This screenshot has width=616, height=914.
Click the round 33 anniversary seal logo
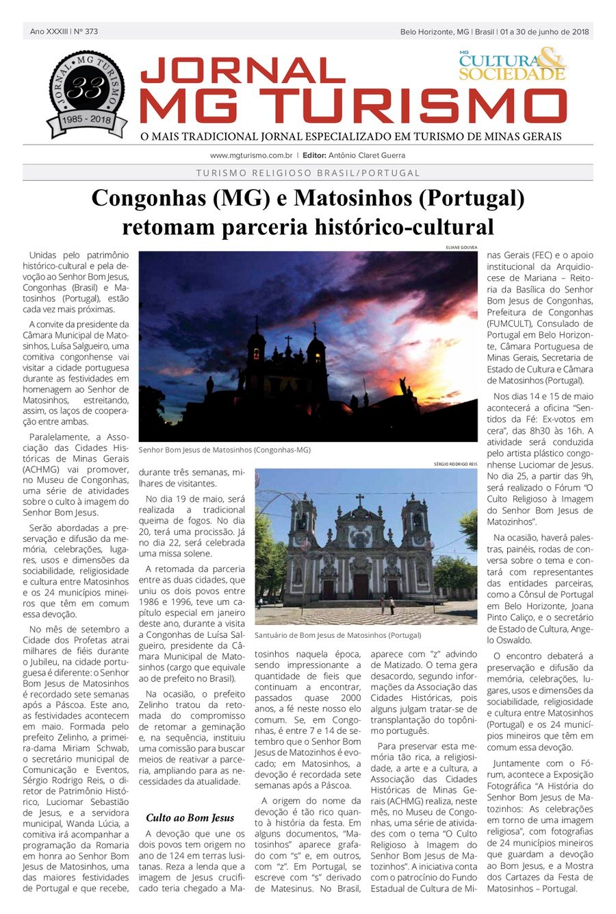(x=86, y=92)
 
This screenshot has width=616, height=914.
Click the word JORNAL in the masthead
(x=242, y=71)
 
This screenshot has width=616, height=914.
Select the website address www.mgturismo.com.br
(x=251, y=156)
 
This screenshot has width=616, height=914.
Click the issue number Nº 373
(x=86, y=32)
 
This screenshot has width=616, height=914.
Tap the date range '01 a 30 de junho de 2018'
(x=544, y=32)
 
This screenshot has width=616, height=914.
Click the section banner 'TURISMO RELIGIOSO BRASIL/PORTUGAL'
(x=308, y=173)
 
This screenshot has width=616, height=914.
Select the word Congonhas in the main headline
(x=146, y=199)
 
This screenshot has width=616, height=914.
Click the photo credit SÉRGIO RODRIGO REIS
(x=455, y=465)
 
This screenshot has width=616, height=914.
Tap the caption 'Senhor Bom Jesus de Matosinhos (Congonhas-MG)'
(x=224, y=450)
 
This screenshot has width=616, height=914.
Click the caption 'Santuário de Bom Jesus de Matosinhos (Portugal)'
(x=337, y=635)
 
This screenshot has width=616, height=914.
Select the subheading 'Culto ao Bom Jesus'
(x=190, y=817)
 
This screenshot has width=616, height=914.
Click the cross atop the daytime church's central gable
(x=359, y=499)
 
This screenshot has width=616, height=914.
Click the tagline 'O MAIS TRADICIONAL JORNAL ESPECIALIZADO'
(x=350, y=136)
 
